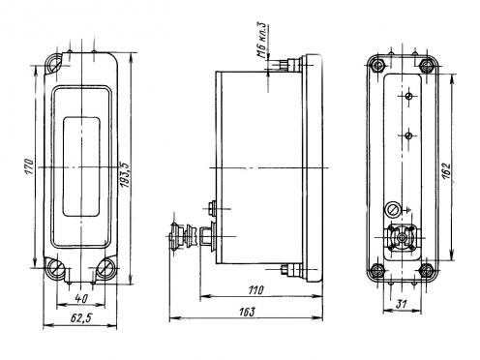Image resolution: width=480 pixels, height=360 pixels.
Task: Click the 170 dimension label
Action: (x=29, y=166)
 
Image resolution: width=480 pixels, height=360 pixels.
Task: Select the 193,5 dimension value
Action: (x=125, y=175)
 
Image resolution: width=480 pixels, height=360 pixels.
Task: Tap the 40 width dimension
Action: (x=80, y=298)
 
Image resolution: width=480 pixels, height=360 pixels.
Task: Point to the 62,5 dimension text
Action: (x=81, y=318)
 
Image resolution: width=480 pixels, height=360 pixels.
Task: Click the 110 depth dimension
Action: (x=255, y=290)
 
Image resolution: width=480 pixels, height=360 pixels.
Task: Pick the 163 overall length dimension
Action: (x=247, y=312)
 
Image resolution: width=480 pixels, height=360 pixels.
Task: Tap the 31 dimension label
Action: (x=402, y=304)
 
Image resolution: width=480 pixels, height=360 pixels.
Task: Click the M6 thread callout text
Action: (x=263, y=40)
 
